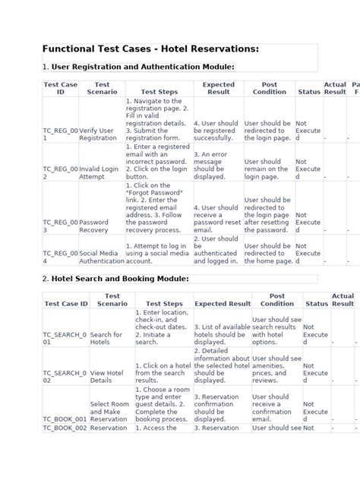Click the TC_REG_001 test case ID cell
60,134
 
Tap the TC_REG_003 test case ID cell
60,226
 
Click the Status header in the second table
317,304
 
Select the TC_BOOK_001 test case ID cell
65,418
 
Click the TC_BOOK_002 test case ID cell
65,428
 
